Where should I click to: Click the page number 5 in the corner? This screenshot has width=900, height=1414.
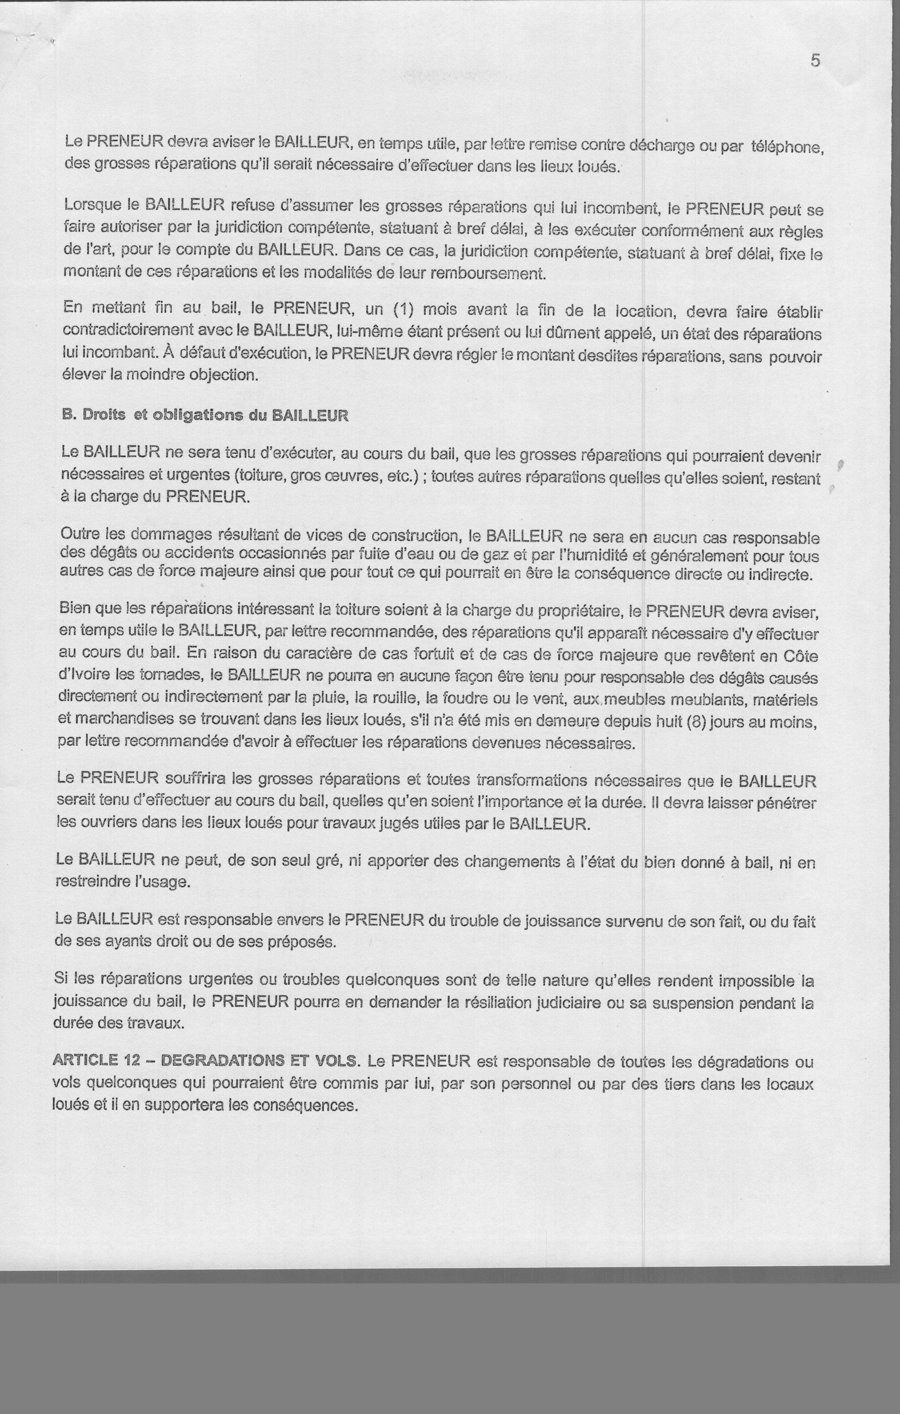pos(815,61)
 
